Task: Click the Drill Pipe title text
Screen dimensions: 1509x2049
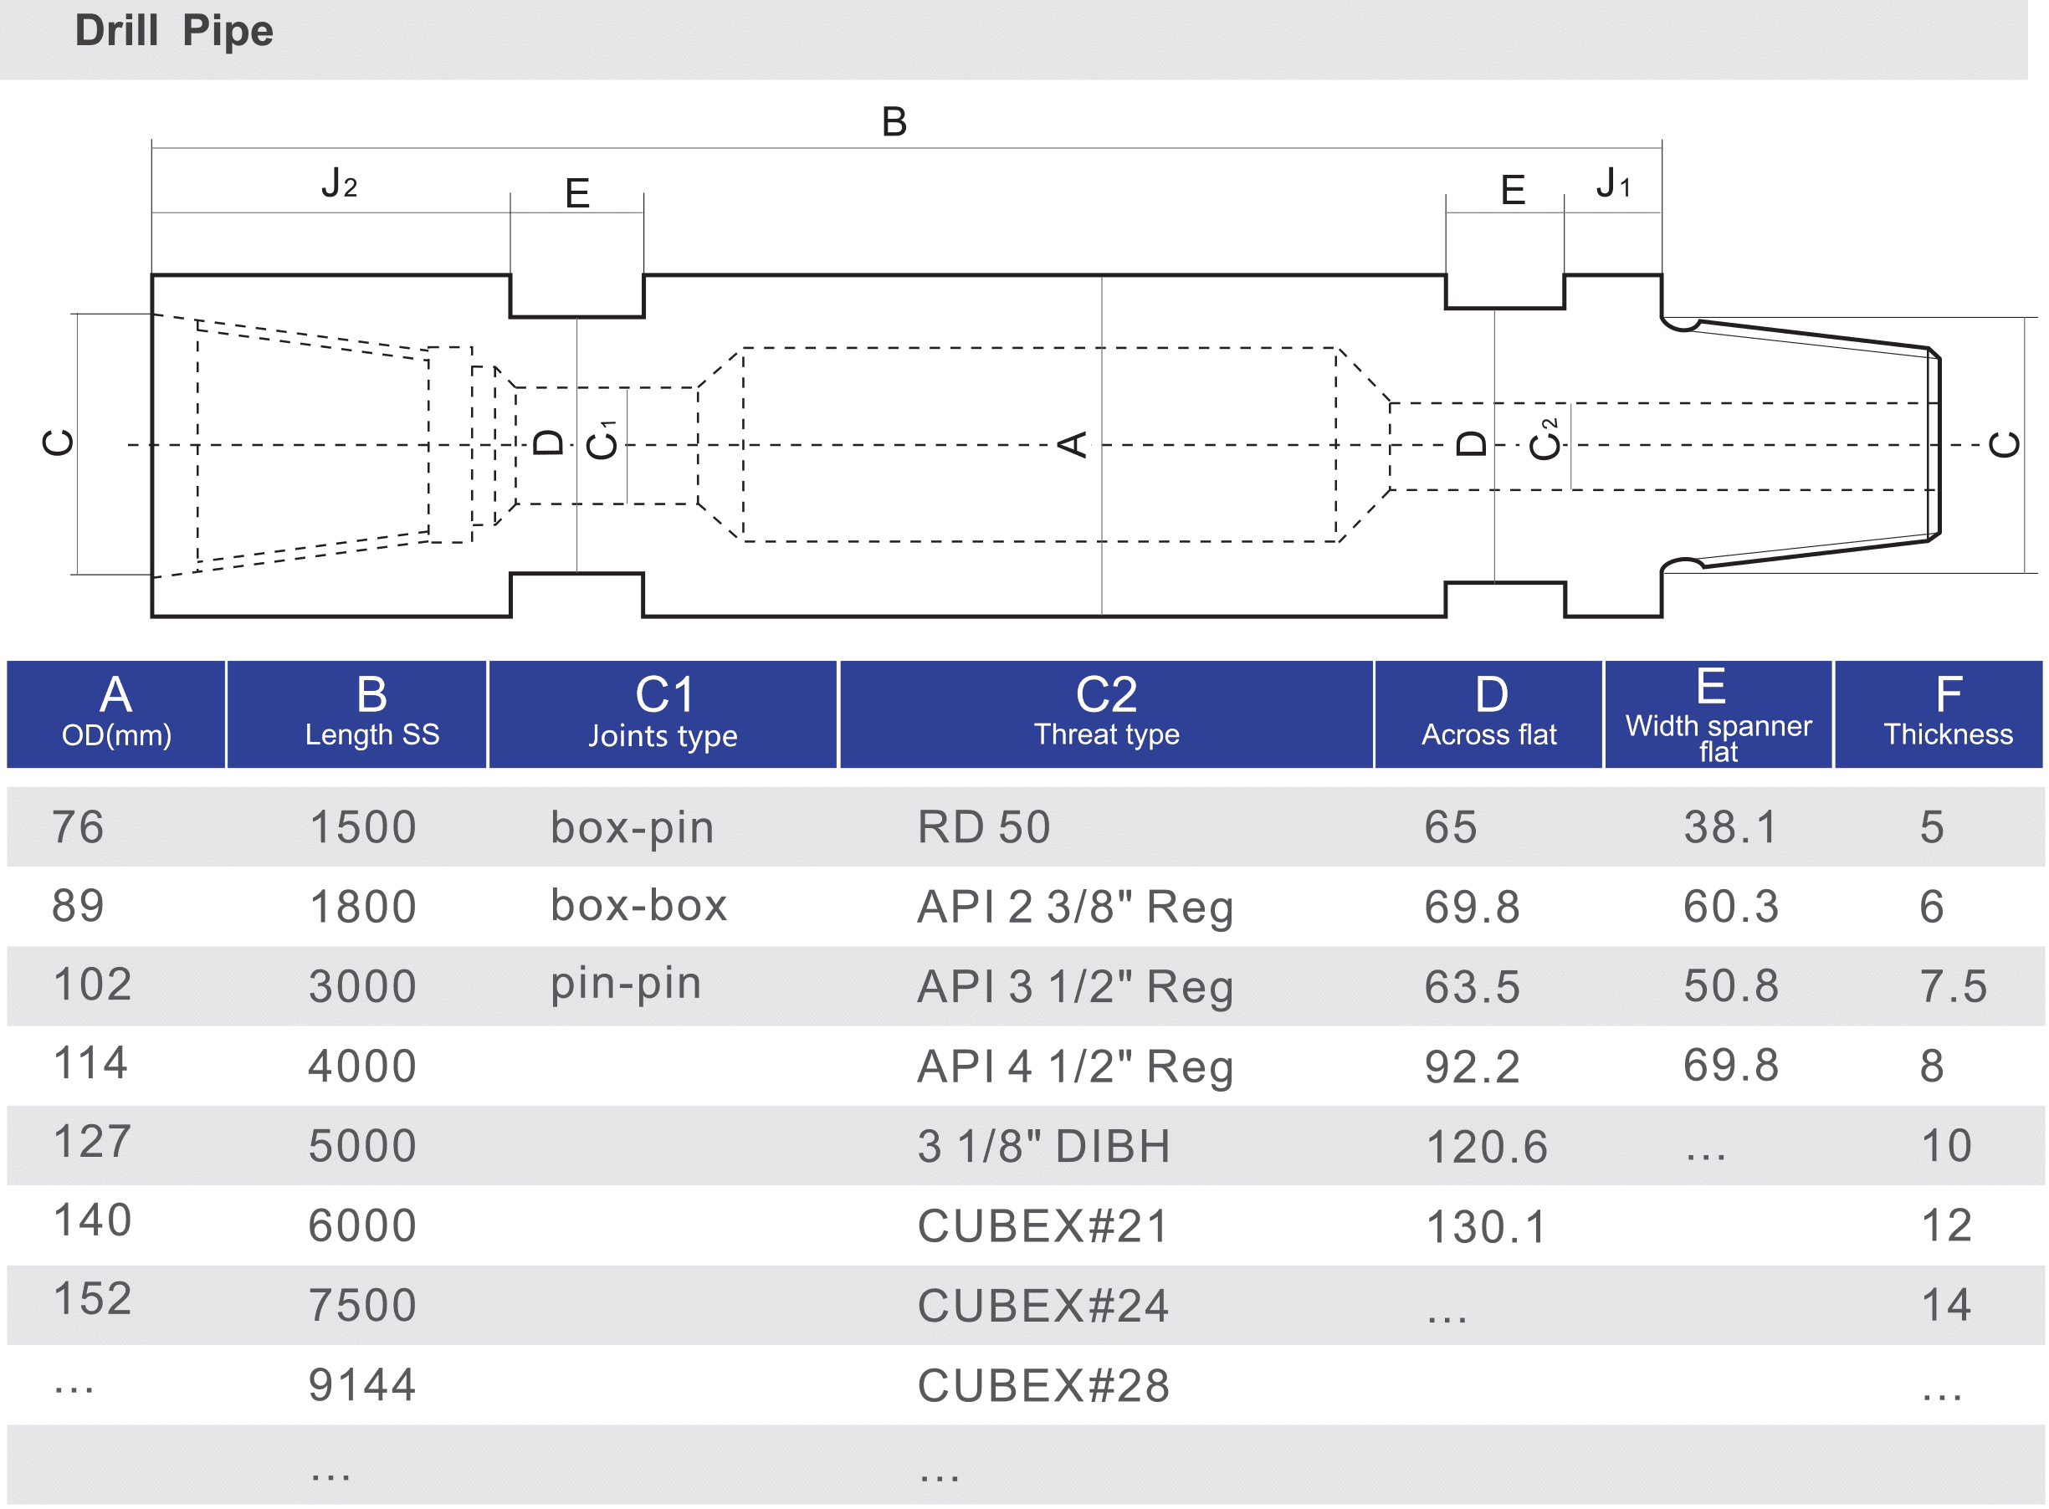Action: click(x=173, y=31)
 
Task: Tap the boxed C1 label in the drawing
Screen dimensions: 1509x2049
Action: click(x=601, y=445)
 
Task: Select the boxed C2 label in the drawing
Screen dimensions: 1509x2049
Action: click(x=1542, y=445)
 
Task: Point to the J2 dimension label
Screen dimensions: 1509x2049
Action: click(x=339, y=183)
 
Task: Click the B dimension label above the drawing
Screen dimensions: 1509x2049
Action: click(x=894, y=122)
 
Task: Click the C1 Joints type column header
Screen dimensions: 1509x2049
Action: click(x=663, y=714)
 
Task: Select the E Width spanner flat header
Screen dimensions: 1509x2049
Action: click(x=1718, y=714)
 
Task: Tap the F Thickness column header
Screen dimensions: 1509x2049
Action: click(x=1948, y=714)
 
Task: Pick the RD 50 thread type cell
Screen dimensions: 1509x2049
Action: click(x=984, y=827)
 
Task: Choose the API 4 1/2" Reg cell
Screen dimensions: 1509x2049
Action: click(x=1075, y=1066)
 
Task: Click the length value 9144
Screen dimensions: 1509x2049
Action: click(x=362, y=1384)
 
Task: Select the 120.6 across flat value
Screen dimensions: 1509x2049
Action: click(x=1486, y=1146)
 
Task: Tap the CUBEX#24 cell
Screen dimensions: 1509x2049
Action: click(x=1043, y=1305)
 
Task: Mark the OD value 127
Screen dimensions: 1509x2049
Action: click(x=92, y=1142)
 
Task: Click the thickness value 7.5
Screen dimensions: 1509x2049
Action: click(x=1953, y=986)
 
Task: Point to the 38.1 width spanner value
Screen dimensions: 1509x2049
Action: click(x=1731, y=827)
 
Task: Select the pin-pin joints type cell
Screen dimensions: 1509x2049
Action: click(x=626, y=984)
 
